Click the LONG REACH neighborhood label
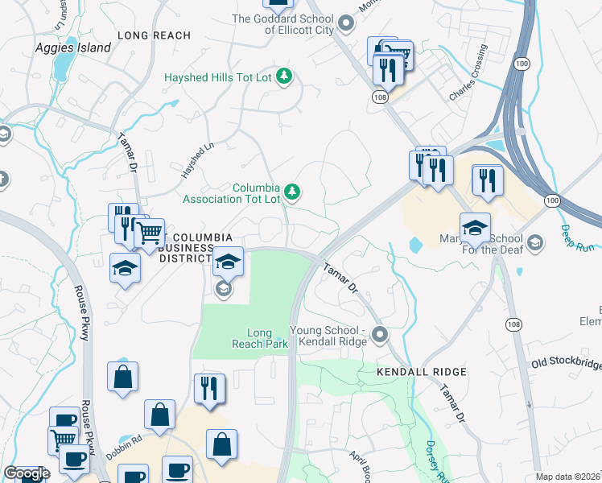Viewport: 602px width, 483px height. pos(154,35)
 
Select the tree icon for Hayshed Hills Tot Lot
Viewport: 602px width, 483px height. pos(283,77)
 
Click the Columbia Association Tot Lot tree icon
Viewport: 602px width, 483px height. pos(295,192)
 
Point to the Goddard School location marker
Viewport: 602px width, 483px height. pos(346,23)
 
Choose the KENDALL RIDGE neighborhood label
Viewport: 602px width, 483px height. pos(422,372)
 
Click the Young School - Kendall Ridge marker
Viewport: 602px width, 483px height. pos(381,334)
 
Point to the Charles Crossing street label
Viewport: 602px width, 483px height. pos(468,72)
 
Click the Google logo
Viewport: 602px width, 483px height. pos(27,473)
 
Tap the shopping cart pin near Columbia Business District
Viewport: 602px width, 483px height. pos(148,234)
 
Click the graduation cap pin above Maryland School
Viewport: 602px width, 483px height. pos(475,228)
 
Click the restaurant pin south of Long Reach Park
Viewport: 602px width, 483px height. pos(209,389)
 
